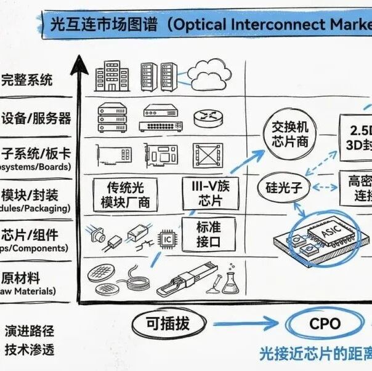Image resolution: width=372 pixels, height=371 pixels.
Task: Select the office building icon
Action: pos(108,74)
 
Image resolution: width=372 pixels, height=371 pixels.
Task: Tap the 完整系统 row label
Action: pos(27,79)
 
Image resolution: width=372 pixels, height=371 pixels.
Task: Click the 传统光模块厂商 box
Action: pos(125,194)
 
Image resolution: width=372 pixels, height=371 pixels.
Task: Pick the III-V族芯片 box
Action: pos(207,193)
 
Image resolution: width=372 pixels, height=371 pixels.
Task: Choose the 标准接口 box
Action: pos(208,234)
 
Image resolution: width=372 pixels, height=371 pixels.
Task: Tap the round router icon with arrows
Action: pos(205,116)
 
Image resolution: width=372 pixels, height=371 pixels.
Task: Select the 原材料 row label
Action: pos(22,277)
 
